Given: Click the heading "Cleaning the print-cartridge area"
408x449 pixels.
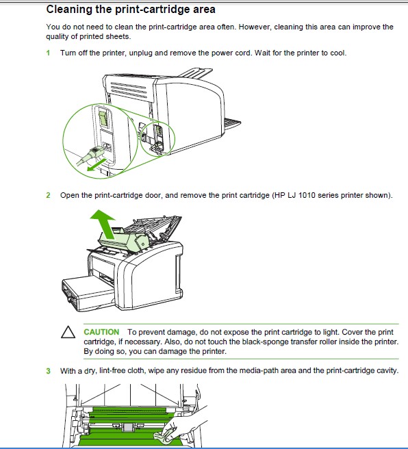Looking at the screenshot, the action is [x=131, y=10].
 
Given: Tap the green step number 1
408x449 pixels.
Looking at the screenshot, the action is [x=48, y=53].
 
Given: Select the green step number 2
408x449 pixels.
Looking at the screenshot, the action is [x=48, y=195].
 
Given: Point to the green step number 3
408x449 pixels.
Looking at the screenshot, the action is [x=48, y=371].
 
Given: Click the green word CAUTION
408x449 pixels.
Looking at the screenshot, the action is [x=101, y=332].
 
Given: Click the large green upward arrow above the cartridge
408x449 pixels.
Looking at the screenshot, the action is [x=105, y=224].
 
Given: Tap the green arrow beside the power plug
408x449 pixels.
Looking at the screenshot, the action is [x=96, y=165].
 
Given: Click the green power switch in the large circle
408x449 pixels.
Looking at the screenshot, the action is [x=103, y=118].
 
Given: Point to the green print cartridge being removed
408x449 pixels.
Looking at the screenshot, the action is [x=125, y=241].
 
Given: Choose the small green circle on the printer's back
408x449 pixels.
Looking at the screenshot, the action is [x=157, y=139].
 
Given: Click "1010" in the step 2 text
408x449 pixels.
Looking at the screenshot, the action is [x=307, y=195].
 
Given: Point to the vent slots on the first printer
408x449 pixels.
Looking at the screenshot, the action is [x=129, y=90].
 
